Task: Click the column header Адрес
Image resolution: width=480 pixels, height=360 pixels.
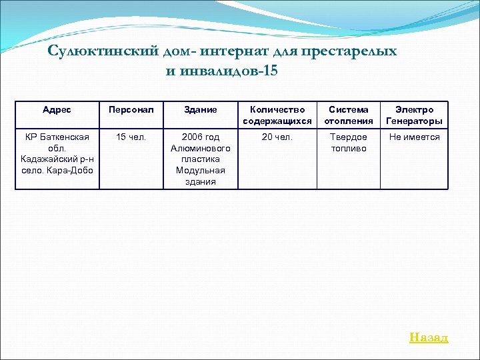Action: pyautogui.click(x=57, y=109)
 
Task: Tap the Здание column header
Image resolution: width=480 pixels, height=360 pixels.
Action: pyautogui.click(x=201, y=109)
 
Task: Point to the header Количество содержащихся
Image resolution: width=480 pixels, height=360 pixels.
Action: pyautogui.click(x=277, y=115)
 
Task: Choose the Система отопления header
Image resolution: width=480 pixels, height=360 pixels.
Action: pyautogui.click(x=347, y=115)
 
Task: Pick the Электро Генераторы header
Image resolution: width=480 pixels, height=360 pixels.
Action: pyautogui.click(x=414, y=115)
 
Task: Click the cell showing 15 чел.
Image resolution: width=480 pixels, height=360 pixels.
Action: pyautogui.click(x=131, y=137)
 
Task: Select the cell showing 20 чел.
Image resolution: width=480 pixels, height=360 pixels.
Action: pyautogui.click(x=277, y=137)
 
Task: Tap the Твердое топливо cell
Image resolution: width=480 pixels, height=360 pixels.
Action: pyautogui.click(x=349, y=142)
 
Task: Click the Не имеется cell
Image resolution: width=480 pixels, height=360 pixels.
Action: pyautogui.click(x=414, y=137)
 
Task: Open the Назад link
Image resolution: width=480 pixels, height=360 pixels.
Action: pyautogui.click(x=429, y=337)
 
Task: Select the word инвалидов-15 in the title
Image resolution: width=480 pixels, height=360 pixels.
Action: pyautogui.click(x=230, y=70)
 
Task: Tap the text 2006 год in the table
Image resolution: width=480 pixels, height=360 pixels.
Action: pyautogui.click(x=201, y=137)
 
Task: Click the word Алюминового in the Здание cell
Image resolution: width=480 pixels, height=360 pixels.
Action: pyautogui.click(x=201, y=148)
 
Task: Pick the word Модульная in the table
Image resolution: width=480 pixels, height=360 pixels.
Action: pyautogui.click(x=201, y=170)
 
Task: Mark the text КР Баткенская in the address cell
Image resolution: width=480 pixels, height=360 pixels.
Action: pyautogui.click(x=57, y=137)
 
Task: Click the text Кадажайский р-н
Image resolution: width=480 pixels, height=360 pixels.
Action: pyautogui.click(x=57, y=159)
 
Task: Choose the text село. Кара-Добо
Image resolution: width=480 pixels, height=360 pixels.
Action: pyautogui.click(x=57, y=170)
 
